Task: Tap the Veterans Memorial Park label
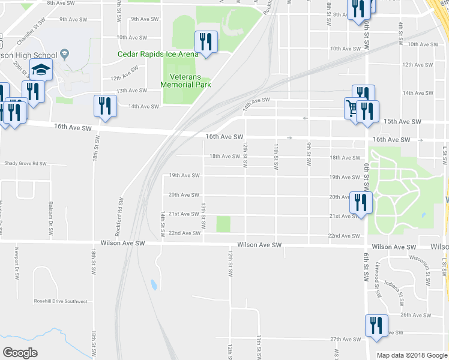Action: pyautogui.click(x=185, y=80)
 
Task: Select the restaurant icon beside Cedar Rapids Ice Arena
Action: pyautogui.click(x=206, y=42)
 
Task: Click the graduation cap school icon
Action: pyautogui.click(x=41, y=71)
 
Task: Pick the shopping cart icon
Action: pyautogui.click(x=352, y=108)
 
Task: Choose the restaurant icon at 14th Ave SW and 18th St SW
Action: pyautogui.click(x=105, y=106)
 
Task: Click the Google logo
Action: pyautogui.click(x=20, y=353)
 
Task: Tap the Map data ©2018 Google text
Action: pyautogui.click(x=411, y=355)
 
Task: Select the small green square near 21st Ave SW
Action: pyautogui.click(x=223, y=224)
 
